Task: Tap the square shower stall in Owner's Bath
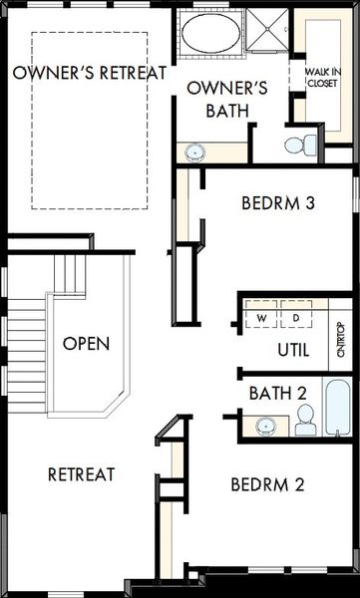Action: pos(267,29)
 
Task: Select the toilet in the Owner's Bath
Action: pos(300,145)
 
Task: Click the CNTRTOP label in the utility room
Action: pos(341,340)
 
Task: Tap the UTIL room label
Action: pos(293,350)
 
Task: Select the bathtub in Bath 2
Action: pos(337,407)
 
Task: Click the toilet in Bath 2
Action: pos(305,420)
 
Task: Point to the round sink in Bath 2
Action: pos(265,426)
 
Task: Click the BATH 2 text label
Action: pos(278,394)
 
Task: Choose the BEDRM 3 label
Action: pos(278,203)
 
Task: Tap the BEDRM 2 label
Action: pos(267,484)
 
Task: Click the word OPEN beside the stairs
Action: pos(87,344)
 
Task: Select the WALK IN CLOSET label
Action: pos(323,78)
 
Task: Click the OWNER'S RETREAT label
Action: pos(90,73)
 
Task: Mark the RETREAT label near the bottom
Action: pos(82,474)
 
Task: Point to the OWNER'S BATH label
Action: pos(227,99)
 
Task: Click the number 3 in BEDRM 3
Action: pos(310,203)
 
